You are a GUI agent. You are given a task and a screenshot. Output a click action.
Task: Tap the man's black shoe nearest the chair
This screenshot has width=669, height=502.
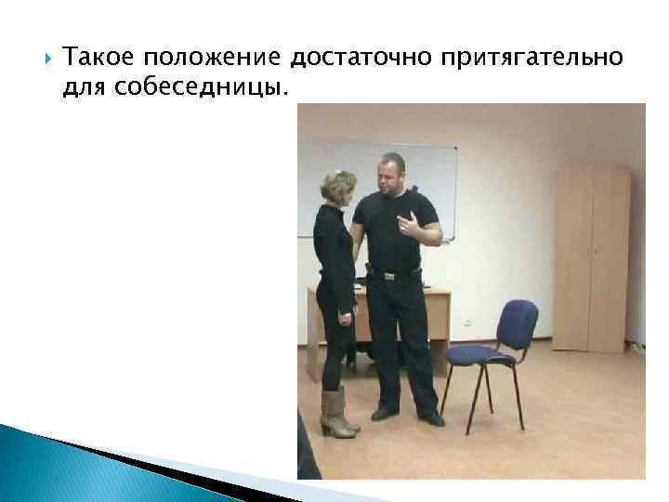pyautogui.click(x=430, y=416)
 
